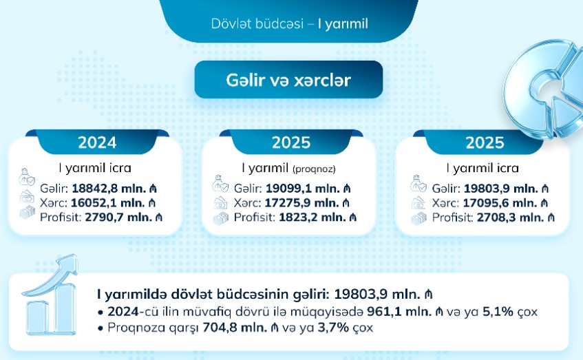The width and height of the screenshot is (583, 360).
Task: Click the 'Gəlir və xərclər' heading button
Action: (x=288, y=80)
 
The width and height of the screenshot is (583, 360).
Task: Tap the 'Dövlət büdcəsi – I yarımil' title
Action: (x=289, y=24)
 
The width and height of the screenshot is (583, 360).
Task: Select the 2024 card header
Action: (x=97, y=142)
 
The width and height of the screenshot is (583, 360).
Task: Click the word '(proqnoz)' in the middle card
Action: (x=314, y=169)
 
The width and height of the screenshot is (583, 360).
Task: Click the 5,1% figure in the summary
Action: (x=498, y=311)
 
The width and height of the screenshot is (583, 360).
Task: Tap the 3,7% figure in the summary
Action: (x=333, y=327)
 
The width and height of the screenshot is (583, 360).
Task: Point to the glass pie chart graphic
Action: (x=544, y=89)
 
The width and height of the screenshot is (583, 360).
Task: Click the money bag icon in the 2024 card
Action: (x=26, y=177)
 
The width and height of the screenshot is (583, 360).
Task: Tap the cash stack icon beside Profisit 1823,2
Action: (x=221, y=218)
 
